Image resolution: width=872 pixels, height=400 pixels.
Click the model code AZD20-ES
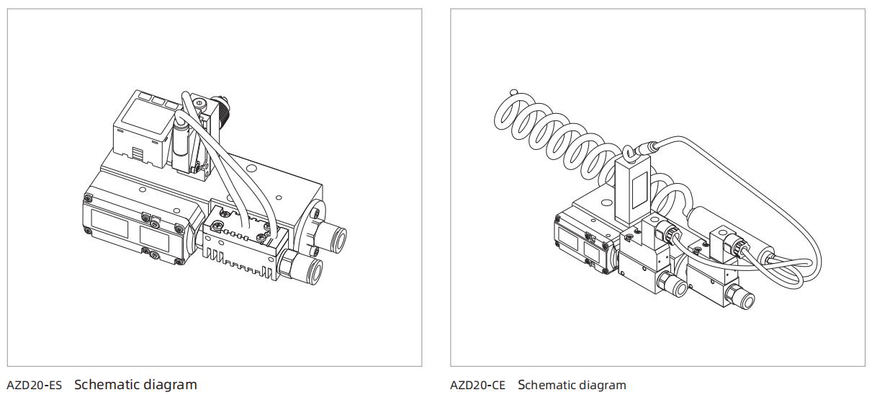[34, 385]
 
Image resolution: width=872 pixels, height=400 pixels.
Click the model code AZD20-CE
[477, 385]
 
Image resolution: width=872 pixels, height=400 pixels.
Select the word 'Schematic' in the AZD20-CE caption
[546, 385]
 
